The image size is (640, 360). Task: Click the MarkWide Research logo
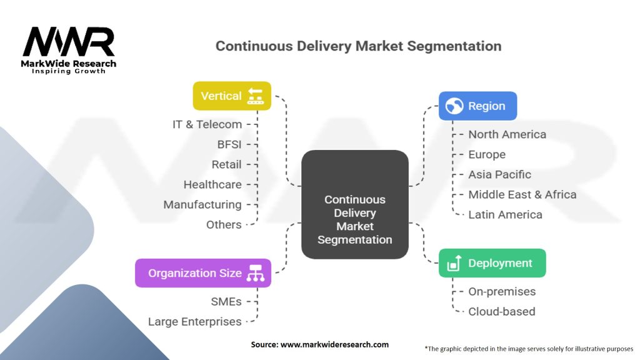(69, 49)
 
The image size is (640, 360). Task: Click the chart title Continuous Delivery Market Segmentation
(358, 46)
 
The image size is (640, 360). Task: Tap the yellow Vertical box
(232, 96)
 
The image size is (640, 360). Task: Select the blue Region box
(477, 106)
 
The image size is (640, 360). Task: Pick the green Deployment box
(492, 263)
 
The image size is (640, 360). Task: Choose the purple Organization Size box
(203, 273)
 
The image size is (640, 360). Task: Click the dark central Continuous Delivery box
(354, 204)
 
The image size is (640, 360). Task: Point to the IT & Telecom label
(207, 124)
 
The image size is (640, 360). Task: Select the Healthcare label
(212, 184)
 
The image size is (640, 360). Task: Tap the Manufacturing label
(202, 204)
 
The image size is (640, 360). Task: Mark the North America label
(507, 134)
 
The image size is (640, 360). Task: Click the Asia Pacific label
(499, 174)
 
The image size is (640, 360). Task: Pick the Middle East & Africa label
(522, 194)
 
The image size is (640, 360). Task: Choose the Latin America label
(505, 214)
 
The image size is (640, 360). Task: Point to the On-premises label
(502, 291)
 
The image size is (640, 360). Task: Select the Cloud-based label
(501, 311)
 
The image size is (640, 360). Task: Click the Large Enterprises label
(194, 322)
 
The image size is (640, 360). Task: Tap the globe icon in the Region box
(454, 106)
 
